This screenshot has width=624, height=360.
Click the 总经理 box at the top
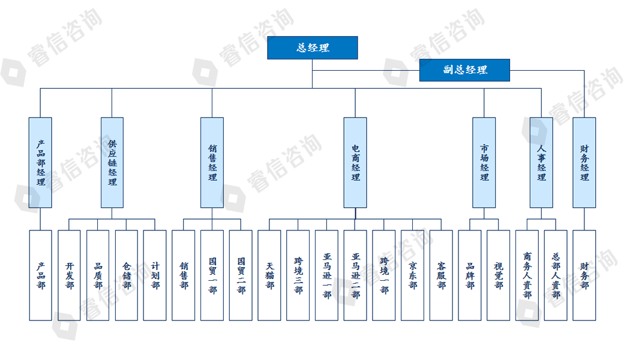coord(312,48)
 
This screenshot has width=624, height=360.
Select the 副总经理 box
coord(464,70)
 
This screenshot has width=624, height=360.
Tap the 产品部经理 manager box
coord(40,163)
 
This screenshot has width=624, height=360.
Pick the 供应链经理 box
coord(112,163)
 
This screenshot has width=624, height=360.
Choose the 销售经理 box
coord(212,163)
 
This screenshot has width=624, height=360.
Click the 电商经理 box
coord(355,163)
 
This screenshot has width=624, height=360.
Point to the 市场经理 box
coord(484,163)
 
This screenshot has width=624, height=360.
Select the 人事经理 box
coord(541,163)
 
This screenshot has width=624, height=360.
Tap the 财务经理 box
coord(584,163)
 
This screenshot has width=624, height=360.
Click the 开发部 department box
coord(69,275)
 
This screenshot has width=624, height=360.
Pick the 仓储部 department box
coord(127,275)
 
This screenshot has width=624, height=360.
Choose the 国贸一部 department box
coord(212,275)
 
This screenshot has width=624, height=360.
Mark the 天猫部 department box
coord(269,275)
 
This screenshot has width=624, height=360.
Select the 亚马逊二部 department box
coord(355,275)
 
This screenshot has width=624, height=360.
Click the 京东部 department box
coord(413,275)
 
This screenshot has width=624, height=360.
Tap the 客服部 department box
coord(441,275)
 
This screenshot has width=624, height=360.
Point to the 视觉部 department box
coord(499,275)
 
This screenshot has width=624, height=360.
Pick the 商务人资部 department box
coord(527,275)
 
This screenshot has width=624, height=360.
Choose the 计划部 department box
coord(155,275)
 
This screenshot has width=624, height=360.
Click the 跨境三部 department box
coord(298,275)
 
